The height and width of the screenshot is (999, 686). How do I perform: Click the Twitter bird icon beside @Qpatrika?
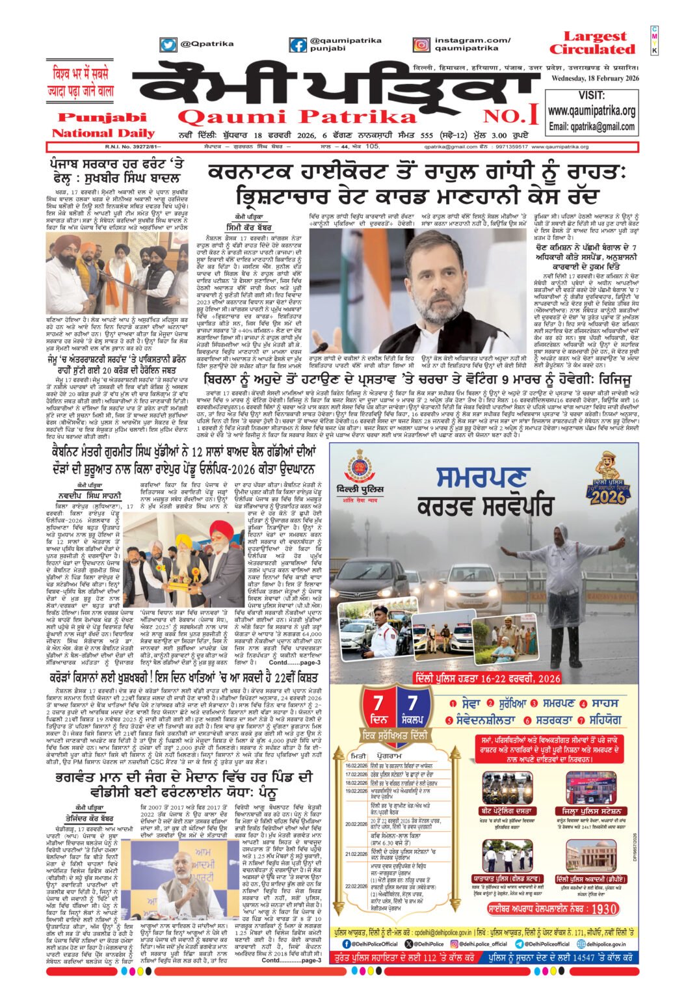pyautogui.click(x=168, y=45)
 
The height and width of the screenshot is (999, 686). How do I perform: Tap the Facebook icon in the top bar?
pyautogui.click(x=298, y=45)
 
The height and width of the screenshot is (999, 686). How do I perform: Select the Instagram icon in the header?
pyautogui.click(x=421, y=45)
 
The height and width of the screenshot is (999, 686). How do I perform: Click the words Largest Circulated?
pyautogui.click(x=591, y=43)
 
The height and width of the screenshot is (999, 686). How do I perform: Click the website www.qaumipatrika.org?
pyautogui.click(x=591, y=111)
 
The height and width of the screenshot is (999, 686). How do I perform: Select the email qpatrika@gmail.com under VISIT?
pyautogui.click(x=591, y=126)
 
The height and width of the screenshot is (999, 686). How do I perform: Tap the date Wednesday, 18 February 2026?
pyautogui.click(x=596, y=79)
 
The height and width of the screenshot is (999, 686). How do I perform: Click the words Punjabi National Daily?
pyautogui.click(x=99, y=125)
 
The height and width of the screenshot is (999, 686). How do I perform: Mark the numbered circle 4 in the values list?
pyautogui.click(x=584, y=703)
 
